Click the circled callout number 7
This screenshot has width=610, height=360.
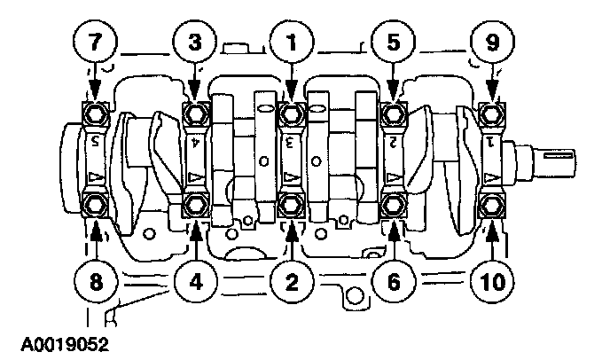pos(94,42)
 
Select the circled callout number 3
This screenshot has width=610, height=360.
pos(194,42)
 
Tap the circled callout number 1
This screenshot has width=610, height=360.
pos(290,42)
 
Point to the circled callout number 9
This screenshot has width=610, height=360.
pos(493,42)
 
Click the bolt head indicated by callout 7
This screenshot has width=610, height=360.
pos(94,113)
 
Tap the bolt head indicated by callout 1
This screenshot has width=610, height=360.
pos(290,113)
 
